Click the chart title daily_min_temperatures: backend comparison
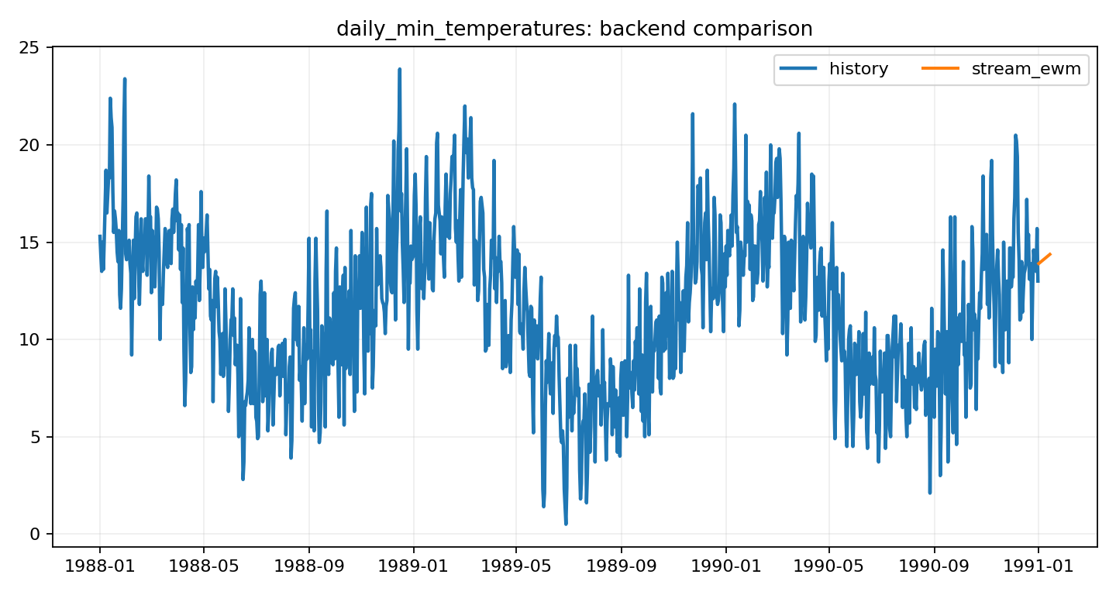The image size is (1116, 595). [574, 29]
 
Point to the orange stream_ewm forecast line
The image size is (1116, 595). [1044, 259]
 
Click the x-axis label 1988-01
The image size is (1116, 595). [100, 566]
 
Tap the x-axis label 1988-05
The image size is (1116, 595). [203, 566]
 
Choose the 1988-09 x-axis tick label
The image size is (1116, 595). [308, 566]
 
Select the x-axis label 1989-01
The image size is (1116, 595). [413, 566]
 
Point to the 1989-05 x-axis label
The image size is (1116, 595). [516, 566]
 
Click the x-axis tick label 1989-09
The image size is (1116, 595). [621, 566]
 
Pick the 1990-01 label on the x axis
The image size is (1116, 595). [725, 566]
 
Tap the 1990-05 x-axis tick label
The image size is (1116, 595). [828, 566]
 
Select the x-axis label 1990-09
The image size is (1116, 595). [934, 566]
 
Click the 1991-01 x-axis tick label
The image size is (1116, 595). [1038, 566]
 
